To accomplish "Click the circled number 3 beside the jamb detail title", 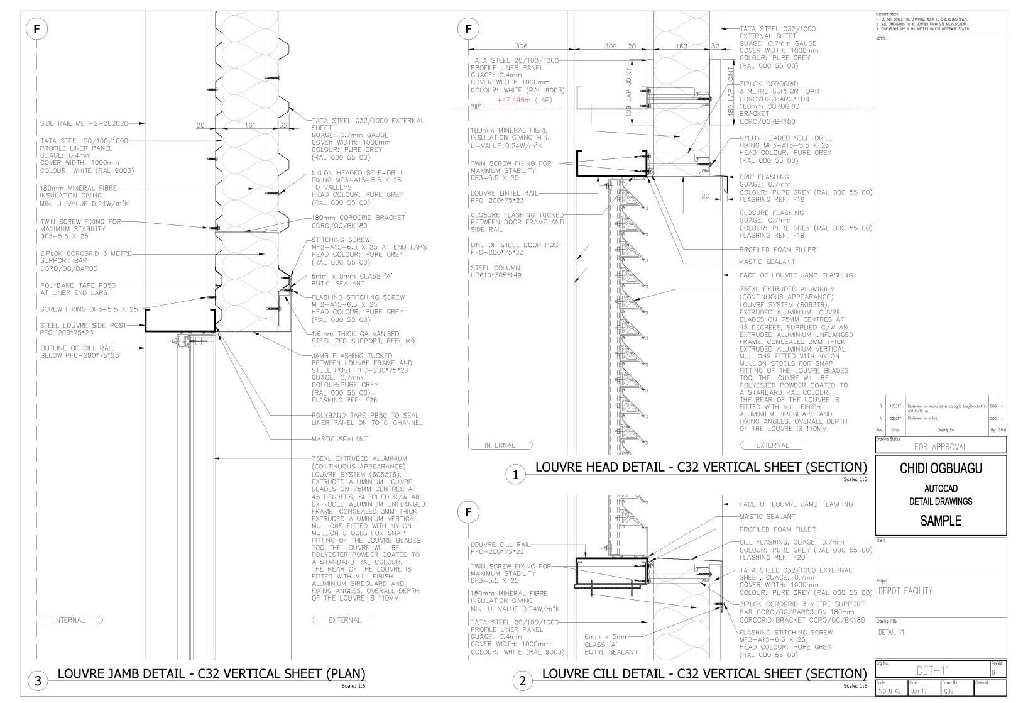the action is (x=38, y=680).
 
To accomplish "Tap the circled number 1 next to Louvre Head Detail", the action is (x=515, y=475).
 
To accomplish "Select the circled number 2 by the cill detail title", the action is (x=522, y=680).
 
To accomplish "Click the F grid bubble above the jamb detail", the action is (x=37, y=28).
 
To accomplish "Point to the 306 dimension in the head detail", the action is (x=521, y=46).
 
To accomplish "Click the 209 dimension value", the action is (x=610, y=46).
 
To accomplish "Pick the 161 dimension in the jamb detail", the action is (x=249, y=126).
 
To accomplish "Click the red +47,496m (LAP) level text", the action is (x=524, y=100).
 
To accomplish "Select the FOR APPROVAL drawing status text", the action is (x=940, y=447).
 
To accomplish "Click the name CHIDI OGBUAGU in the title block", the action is (x=941, y=468).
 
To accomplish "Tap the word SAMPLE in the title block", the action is (x=941, y=521).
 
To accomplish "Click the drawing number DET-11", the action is (x=932, y=670).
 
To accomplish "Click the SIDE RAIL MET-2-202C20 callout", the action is (x=84, y=123).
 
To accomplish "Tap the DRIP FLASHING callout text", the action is (x=763, y=177).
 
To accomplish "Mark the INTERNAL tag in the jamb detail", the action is (x=69, y=620).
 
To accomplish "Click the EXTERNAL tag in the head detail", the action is (x=772, y=445).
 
